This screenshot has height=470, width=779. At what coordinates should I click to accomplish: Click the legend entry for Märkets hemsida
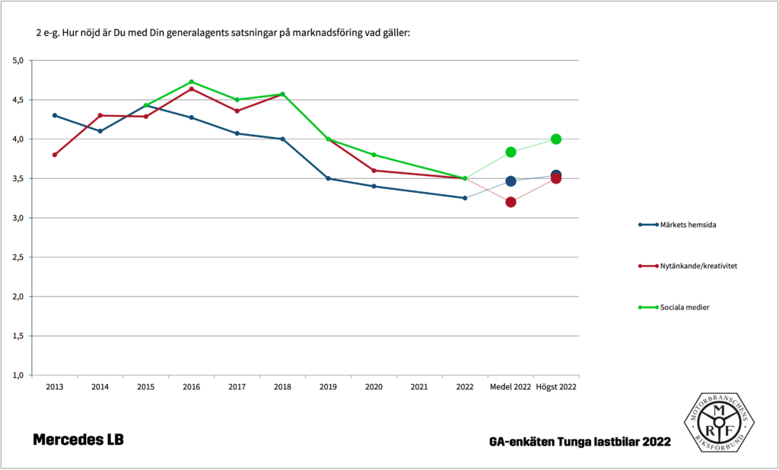pyautogui.click(x=680, y=225)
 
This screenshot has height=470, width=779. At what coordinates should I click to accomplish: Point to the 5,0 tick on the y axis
pyautogui.click(x=19, y=60)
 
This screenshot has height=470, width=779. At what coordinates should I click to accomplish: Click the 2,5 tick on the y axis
pyautogui.click(x=19, y=257)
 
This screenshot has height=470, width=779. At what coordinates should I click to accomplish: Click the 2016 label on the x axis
pyautogui.click(x=191, y=387)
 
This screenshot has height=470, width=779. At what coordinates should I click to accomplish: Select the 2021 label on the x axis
pyautogui.click(x=419, y=387)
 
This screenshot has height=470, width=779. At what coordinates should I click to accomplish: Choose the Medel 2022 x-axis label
pyautogui.click(x=510, y=387)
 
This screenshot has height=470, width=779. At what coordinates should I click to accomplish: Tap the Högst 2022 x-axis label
pyautogui.click(x=556, y=387)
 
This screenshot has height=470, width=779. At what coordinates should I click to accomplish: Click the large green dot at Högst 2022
pyautogui.click(x=556, y=139)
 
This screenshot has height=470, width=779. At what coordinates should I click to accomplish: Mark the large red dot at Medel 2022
pyautogui.click(x=510, y=202)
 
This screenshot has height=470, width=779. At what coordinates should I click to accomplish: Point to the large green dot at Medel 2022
pyautogui.click(x=510, y=152)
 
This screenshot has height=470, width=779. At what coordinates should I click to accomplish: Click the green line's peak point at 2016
pyautogui.click(x=191, y=82)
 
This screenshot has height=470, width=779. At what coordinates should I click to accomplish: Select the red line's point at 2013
pyautogui.click(x=54, y=155)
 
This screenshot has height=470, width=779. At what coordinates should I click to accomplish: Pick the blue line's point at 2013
pyautogui.click(x=54, y=115)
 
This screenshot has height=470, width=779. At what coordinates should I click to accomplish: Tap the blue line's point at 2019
pyautogui.click(x=328, y=178)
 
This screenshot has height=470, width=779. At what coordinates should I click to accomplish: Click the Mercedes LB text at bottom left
pyautogui.click(x=78, y=440)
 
